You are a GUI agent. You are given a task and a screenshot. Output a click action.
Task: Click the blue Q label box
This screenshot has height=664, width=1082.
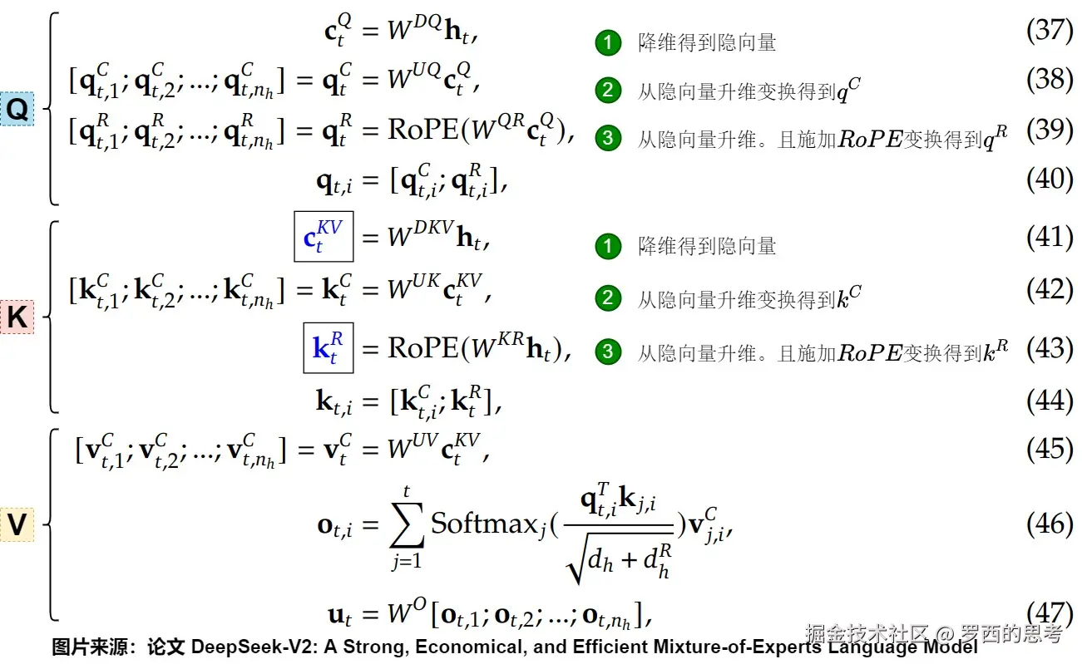click(x=17, y=110)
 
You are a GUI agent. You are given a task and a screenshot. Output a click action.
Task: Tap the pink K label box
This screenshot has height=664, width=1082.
click(x=17, y=317)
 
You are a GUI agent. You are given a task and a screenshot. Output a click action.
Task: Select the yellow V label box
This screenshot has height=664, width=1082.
click(x=17, y=525)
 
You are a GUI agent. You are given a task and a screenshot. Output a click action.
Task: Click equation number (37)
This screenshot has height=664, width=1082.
click(x=1050, y=31)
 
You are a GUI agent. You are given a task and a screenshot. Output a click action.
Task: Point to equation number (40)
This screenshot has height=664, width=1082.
click(x=1050, y=179)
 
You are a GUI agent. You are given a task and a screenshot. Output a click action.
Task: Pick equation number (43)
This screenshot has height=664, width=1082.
click(x=1050, y=349)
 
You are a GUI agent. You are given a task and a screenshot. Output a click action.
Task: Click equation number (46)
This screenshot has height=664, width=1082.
click(x=1050, y=524)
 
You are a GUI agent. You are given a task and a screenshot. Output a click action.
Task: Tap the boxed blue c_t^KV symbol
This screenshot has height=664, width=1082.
click(x=324, y=237)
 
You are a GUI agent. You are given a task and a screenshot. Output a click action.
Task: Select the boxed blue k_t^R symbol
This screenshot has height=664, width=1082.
click(x=328, y=348)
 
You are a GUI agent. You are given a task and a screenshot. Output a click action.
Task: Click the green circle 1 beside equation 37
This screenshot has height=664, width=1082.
click(x=608, y=42)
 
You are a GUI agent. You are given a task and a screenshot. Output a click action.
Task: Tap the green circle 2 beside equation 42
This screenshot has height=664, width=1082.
click(x=608, y=299)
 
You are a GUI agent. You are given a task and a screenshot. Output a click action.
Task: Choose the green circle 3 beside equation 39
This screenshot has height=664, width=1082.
click(x=608, y=139)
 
